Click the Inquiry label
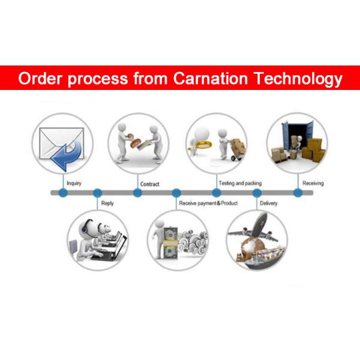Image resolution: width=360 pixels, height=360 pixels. pos(74,183)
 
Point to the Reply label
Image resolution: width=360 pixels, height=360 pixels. pos(107,203)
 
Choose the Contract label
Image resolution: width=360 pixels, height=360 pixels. pos(149,184)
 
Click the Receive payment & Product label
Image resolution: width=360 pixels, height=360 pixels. pos(208,203)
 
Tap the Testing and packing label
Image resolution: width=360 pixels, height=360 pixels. pos(240,183)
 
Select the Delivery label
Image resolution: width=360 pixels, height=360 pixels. pos(268,203)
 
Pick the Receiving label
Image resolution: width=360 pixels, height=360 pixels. pos(313,183)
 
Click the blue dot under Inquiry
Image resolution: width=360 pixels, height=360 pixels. pos(63,193)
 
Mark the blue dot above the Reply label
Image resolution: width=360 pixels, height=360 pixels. pos(97,193)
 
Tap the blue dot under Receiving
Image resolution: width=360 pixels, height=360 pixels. pos(298,193)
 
